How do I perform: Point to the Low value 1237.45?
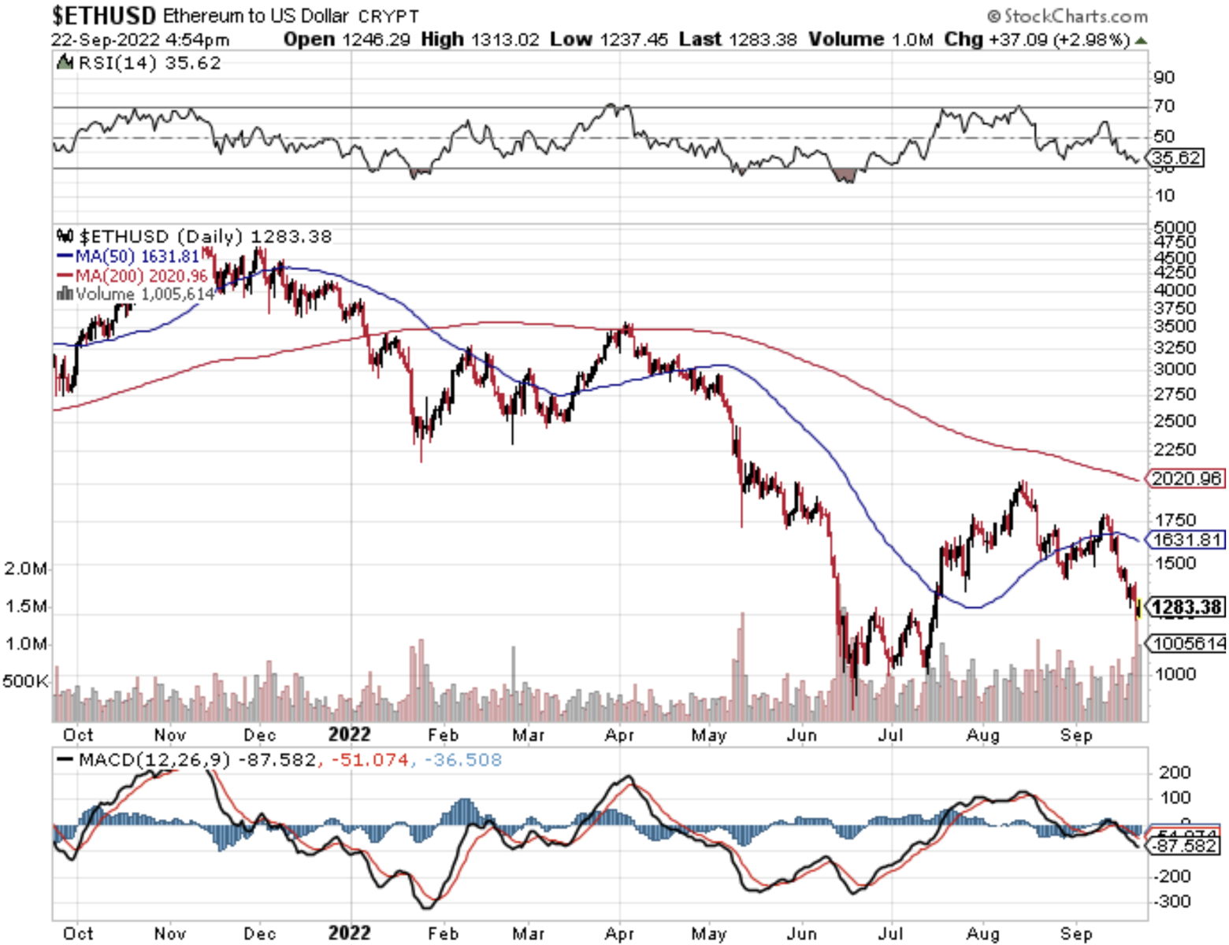633,39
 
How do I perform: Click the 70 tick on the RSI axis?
1164,106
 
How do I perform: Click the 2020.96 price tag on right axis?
1186,478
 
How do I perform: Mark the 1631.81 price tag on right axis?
1186,539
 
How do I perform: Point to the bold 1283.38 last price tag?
1186,607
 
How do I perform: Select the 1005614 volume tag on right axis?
1188,643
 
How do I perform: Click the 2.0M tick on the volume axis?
25,569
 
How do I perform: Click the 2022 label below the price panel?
349,734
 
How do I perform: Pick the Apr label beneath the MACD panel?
619,933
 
